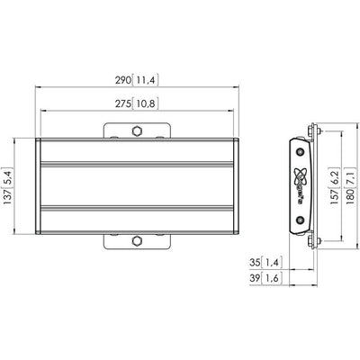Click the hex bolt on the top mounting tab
(138, 131)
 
